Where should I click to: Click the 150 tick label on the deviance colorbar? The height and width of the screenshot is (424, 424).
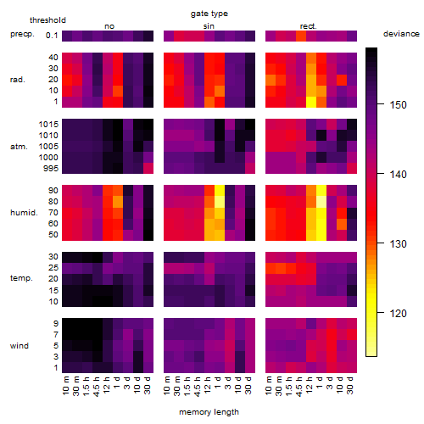pos(398,105)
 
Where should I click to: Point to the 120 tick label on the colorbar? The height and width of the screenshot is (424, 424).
pos(398,313)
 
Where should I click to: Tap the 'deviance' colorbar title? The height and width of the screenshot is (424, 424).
pos(401,34)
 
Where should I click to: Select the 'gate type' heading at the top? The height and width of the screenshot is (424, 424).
pos(209,14)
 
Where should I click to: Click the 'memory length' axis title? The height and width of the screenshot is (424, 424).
pos(209,412)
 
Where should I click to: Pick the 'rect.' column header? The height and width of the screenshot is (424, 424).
pos(308,26)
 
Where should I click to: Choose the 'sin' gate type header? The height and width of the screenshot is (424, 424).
pos(209,26)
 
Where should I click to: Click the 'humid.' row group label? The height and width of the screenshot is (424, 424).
pos(24,213)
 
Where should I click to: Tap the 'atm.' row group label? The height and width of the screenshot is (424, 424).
pos(19,147)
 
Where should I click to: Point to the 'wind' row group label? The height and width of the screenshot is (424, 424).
pos(20,346)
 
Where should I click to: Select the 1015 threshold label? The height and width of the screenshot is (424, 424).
pos(48,125)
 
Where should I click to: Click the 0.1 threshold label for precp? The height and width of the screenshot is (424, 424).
pos(52,36)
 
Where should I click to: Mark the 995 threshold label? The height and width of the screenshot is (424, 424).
pos(51,169)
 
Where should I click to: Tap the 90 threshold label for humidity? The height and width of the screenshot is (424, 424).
pos(53,191)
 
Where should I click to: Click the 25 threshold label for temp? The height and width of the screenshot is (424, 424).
pos(53,268)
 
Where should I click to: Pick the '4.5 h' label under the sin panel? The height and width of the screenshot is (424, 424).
pos(198,387)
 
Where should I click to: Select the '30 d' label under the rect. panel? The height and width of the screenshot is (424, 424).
pos(350,385)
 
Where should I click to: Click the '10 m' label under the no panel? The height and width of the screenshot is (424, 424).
pos(65,385)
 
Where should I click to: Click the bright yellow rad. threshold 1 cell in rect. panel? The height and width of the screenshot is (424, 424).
pos(311,102)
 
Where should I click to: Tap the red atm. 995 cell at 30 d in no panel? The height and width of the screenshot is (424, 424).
pos(148,168)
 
